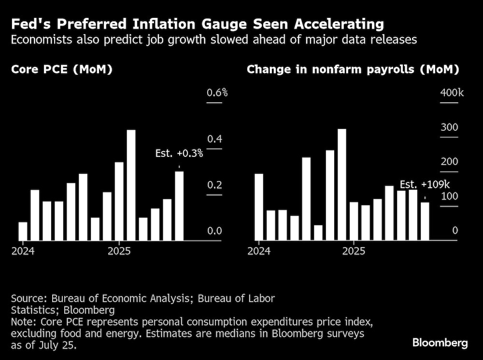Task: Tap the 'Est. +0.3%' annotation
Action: [x=179, y=154]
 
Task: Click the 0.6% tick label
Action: [x=217, y=93]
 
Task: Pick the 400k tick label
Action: [x=451, y=93]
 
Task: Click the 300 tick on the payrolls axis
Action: [x=448, y=128]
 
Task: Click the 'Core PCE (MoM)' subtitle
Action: [x=62, y=69]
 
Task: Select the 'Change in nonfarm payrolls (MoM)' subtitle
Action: [x=353, y=69]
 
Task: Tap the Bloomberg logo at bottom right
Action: [x=440, y=343]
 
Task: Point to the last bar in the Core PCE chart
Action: [x=179, y=206]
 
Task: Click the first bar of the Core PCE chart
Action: [x=23, y=231]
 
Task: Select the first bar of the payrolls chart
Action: [x=259, y=207]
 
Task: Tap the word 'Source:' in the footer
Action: [x=28, y=298]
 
